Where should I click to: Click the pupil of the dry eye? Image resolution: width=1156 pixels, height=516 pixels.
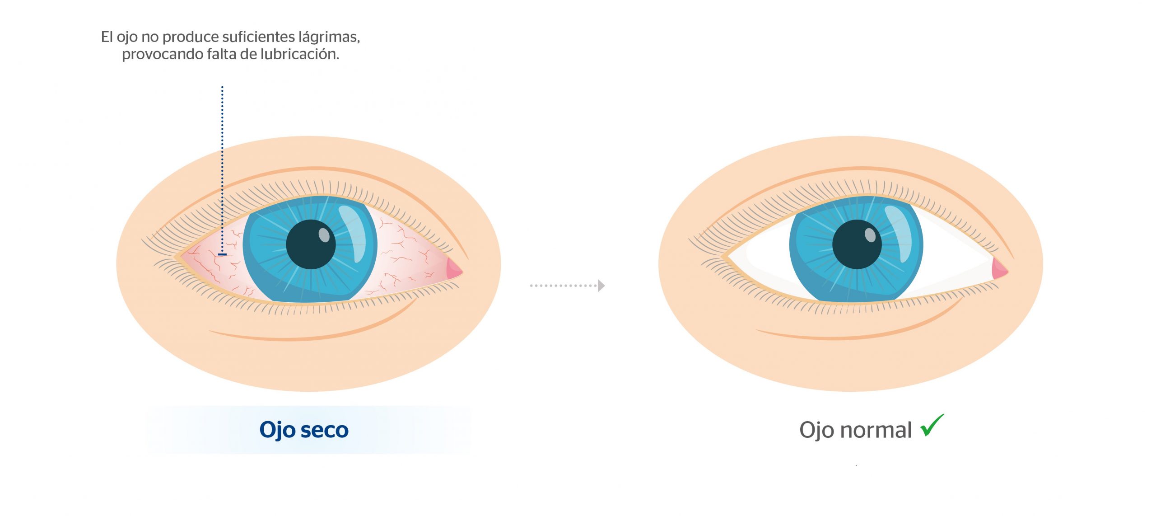[311, 244]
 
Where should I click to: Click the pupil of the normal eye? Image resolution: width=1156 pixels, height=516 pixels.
[857, 244]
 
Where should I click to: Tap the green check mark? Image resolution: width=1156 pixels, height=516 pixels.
[932, 425]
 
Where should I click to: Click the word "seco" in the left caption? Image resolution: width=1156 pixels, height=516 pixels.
[324, 430]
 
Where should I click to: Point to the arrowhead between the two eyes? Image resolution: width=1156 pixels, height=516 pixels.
[601, 286]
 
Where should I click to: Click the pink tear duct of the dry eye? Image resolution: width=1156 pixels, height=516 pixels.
[454, 269]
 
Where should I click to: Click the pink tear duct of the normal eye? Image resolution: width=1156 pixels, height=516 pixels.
[1000, 269]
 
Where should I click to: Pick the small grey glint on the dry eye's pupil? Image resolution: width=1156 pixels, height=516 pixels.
[324, 235]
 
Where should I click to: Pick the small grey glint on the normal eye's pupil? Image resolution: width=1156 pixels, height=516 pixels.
[870, 235]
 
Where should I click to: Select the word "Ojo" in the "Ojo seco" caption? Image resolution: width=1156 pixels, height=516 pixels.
[276, 430]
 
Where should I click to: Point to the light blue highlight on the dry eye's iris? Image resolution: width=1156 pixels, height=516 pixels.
[353, 234]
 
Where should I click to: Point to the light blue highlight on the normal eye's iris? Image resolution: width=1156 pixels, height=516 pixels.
[899, 234]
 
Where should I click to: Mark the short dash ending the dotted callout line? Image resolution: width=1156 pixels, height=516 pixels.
[222, 254]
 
